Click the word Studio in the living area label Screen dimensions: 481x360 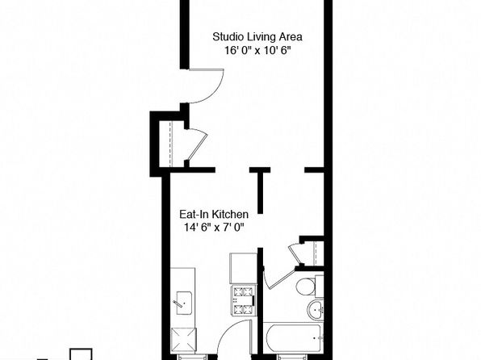click(x=225, y=37)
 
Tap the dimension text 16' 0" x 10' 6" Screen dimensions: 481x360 click(x=257, y=50)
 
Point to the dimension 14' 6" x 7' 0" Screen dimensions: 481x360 click(x=214, y=228)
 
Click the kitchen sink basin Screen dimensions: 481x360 click(x=184, y=303)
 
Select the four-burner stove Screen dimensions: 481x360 click(x=244, y=301)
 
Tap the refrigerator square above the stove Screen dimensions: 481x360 click(x=243, y=268)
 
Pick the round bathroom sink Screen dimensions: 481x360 click(x=315, y=310)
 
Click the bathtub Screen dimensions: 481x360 click(x=293, y=337)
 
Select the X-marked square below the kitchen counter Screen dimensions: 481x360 click(x=183, y=341)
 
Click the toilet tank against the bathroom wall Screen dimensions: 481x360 click(x=320, y=287)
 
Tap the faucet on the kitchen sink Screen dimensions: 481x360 click(x=178, y=303)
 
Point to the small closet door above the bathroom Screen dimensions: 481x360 click(x=296, y=253)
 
